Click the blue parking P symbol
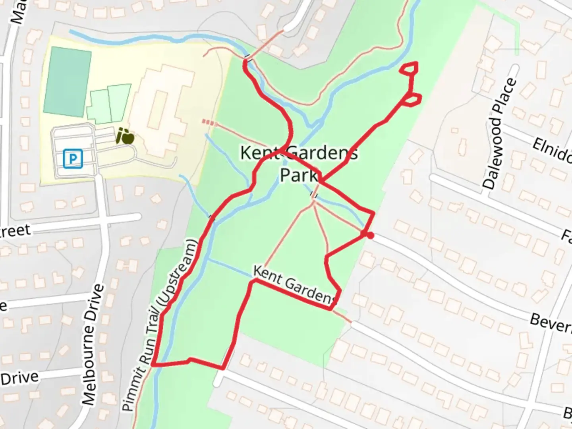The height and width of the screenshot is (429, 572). [73, 158]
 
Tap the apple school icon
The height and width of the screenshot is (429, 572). [125, 136]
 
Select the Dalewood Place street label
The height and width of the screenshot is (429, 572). [500, 133]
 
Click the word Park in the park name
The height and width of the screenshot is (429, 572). [299, 175]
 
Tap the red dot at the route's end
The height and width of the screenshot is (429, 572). [370, 236]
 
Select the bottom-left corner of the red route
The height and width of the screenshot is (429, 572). [153, 363]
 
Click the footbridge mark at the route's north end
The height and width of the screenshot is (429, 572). [247, 58]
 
